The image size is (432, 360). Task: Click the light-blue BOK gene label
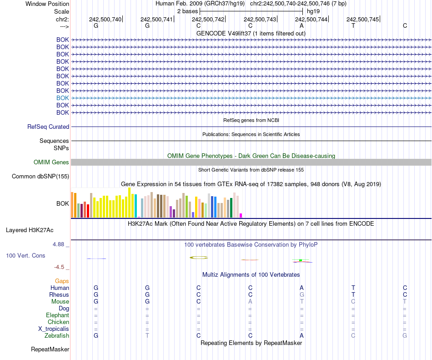(x=63, y=98)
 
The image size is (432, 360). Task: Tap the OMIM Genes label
(x=51, y=162)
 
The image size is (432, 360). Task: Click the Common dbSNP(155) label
(x=40, y=177)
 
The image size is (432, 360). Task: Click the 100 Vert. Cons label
(x=25, y=256)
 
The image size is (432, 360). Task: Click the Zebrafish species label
(x=57, y=336)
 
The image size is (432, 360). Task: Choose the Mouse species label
(x=60, y=302)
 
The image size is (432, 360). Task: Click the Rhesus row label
(x=59, y=295)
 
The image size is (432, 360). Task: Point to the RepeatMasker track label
(x=50, y=350)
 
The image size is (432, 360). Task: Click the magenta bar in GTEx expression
(x=241, y=215)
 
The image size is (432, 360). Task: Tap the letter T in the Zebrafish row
(x=147, y=336)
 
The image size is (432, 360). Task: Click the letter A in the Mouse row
(x=250, y=302)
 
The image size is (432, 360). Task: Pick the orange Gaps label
(x=62, y=281)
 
